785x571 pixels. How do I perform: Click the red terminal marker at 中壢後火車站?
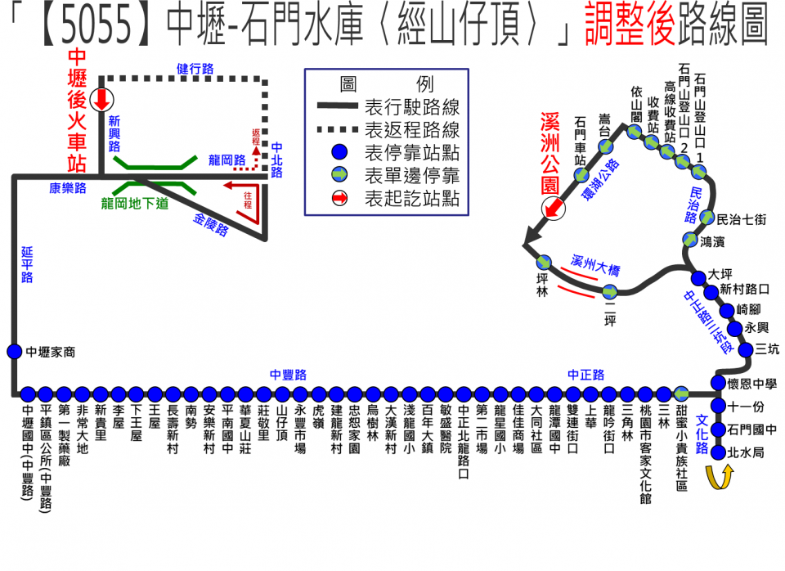[x=101, y=98]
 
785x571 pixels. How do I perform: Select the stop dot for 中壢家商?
[x=14, y=352]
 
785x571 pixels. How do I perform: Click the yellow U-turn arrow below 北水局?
[x=719, y=478]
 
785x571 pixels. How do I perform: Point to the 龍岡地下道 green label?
[x=134, y=202]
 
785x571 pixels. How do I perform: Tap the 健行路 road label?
[x=195, y=70]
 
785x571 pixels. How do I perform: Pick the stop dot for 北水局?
[x=719, y=452]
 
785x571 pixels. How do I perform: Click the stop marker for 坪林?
[x=544, y=263]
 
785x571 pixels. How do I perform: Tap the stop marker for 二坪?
[x=609, y=293]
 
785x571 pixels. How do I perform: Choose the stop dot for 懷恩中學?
[x=719, y=383]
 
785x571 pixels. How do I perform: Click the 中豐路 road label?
[x=288, y=375]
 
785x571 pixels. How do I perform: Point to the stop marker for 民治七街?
[x=708, y=219]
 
